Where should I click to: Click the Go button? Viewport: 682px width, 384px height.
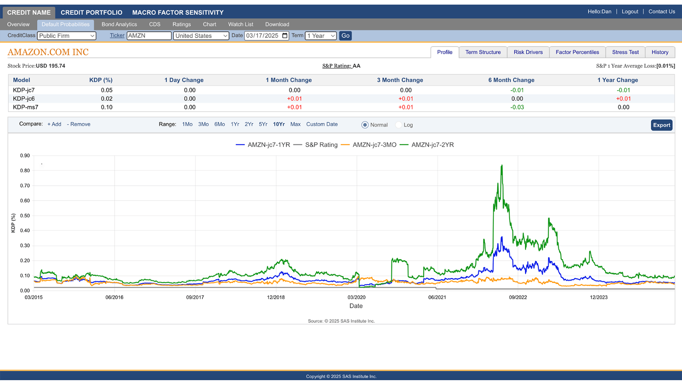pyautogui.click(x=345, y=36)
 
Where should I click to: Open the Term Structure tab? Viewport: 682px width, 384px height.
pyautogui.click(x=483, y=52)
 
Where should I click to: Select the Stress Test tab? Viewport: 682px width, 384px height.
pyautogui.click(x=625, y=52)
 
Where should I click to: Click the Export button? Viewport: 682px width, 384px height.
pyautogui.click(x=662, y=125)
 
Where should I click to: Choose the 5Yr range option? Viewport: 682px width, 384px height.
pyautogui.click(x=263, y=124)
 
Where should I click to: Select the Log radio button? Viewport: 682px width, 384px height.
pyautogui.click(x=399, y=125)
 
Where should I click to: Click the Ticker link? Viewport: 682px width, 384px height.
pyautogui.click(x=117, y=35)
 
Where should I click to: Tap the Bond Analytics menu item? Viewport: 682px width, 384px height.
pyautogui.click(x=119, y=24)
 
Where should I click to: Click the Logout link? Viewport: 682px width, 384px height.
pyautogui.click(x=630, y=11)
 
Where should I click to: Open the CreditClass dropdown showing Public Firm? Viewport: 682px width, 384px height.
pyautogui.click(x=66, y=36)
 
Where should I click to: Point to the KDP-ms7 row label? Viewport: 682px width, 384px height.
pyautogui.click(x=25, y=107)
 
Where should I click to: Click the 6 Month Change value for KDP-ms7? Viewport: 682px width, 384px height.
pyautogui.click(x=517, y=107)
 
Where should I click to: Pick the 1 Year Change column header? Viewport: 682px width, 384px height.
pyautogui.click(x=617, y=80)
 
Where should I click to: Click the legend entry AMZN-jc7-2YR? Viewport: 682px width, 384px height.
pyautogui.click(x=432, y=145)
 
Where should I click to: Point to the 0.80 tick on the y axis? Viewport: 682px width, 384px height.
pyautogui.click(x=25, y=171)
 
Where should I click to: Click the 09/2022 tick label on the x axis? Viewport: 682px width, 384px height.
pyautogui.click(x=518, y=297)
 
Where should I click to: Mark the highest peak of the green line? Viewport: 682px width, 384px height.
pyautogui.click(x=502, y=165)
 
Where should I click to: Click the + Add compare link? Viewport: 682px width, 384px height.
pyautogui.click(x=54, y=124)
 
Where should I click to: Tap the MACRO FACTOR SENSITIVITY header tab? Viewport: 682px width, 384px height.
pyautogui.click(x=178, y=13)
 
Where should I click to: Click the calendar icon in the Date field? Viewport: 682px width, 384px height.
pyautogui.click(x=285, y=36)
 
